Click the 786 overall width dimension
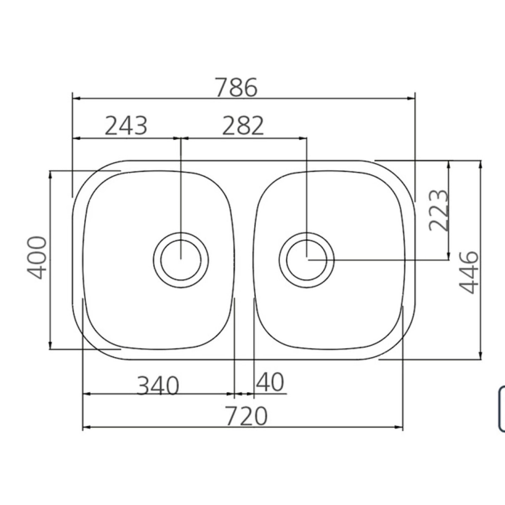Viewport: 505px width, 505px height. tap(236, 88)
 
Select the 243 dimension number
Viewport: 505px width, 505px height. tap(126, 126)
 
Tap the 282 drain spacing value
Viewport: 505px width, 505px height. tap(243, 126)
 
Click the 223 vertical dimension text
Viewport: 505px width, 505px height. tap(439, 210)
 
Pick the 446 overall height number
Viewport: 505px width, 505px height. tap(468, 272)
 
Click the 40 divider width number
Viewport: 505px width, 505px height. tap(270, 382)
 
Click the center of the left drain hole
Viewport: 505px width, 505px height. tap(181, 260)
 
